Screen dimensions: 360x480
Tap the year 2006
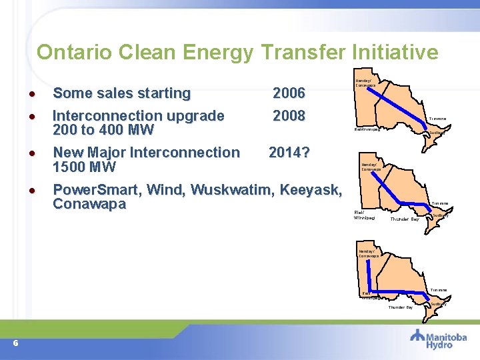coord(289,93)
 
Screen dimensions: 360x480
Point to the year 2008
coord(289,116)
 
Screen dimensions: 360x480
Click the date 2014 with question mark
coord(289,153)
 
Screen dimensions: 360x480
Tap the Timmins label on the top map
coord(437,119)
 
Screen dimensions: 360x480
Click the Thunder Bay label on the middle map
coord(405,219)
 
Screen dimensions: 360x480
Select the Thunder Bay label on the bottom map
coord(400,307)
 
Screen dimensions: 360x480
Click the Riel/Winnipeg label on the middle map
coord(365,215)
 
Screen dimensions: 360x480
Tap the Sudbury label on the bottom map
coord(439,304)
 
